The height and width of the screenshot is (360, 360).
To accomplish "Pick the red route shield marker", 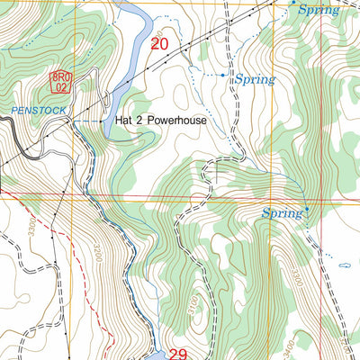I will [59, 83].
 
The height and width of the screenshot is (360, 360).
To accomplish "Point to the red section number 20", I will [160, 43].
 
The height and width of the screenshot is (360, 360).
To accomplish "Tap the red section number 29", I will [176, 354].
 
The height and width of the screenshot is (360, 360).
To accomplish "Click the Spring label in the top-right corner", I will [319, 10].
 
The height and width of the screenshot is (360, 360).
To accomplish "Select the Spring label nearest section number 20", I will [254, 79].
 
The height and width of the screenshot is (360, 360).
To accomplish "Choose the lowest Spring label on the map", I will [282, 213].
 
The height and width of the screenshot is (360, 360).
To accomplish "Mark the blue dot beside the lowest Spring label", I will [307, 210].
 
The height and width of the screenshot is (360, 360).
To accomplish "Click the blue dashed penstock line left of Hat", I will [85, 120].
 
